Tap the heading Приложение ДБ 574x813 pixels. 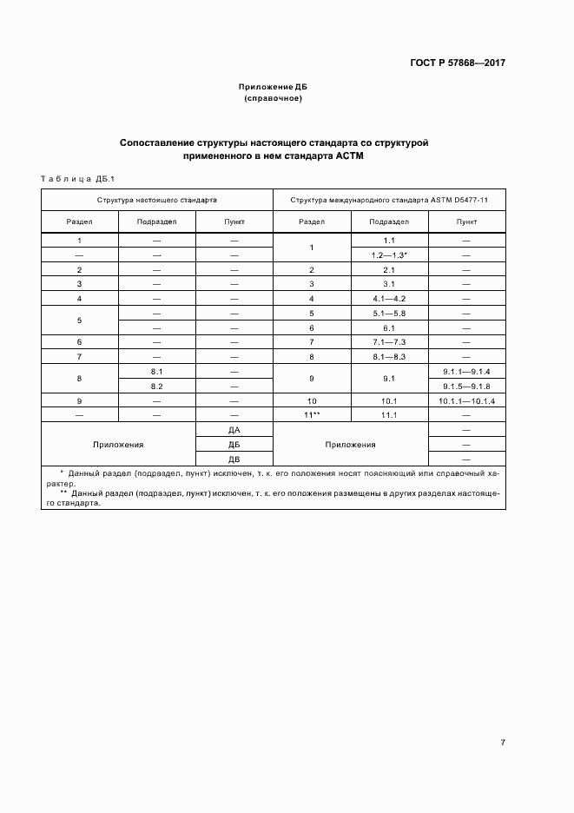coord(274,88)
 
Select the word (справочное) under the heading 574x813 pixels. coord(274,99)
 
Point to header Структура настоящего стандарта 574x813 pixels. coord(157,200)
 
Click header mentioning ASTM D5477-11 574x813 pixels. coord(389,200)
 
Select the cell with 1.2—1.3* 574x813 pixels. coord(389,255)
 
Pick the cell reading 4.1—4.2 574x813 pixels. coord(389,299)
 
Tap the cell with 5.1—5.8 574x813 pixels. coord(389,313)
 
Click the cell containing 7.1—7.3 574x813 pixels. coord(389,342)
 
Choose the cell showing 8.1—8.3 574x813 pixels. coord(389,356)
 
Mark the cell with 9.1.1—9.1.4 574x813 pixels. coord(466,371)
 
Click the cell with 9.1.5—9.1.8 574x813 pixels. coord(466,386)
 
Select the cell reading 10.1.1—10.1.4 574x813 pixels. coord(466,400)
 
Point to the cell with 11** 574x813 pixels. coord(312,415)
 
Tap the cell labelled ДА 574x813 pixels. coord(234,430)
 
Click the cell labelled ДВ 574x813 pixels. coord(234,459)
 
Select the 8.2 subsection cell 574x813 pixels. coord(157,386)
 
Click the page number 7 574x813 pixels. coord(504,743)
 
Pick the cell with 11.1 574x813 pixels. coord(389,415)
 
